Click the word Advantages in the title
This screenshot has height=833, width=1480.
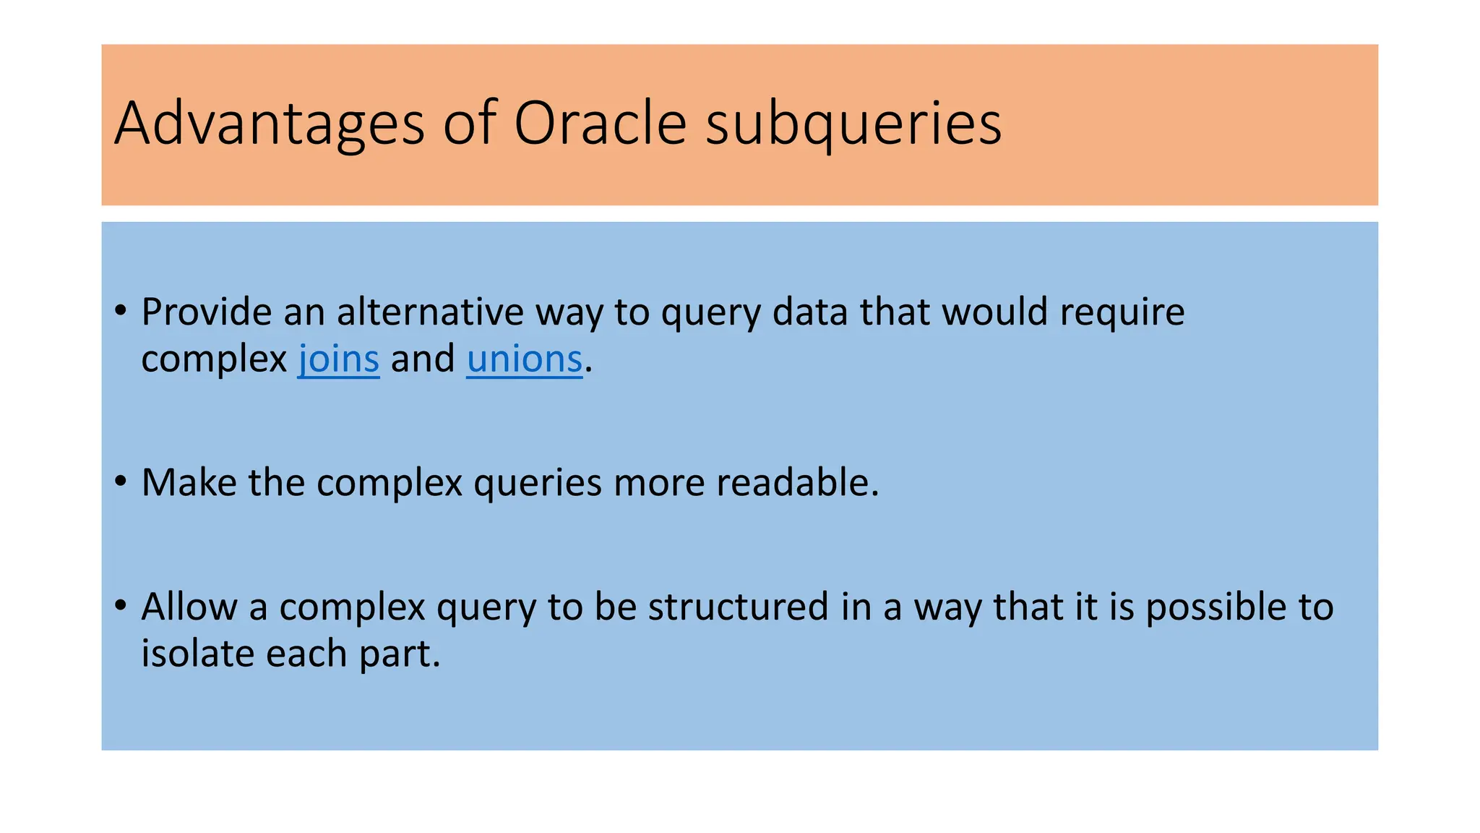pos(269,124)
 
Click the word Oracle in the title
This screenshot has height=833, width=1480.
pos(599,123)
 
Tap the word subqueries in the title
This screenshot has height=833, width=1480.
pos(853,124)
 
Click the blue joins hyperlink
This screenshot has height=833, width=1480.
pos(338,359)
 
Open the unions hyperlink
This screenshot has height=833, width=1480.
pos(524,359)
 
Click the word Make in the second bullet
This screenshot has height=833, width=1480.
pos(189,482)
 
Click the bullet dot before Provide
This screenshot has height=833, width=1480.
pos(121,312)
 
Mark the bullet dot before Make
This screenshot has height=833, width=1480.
pos(121,482)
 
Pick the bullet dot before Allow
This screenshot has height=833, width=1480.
pos(121,605)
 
